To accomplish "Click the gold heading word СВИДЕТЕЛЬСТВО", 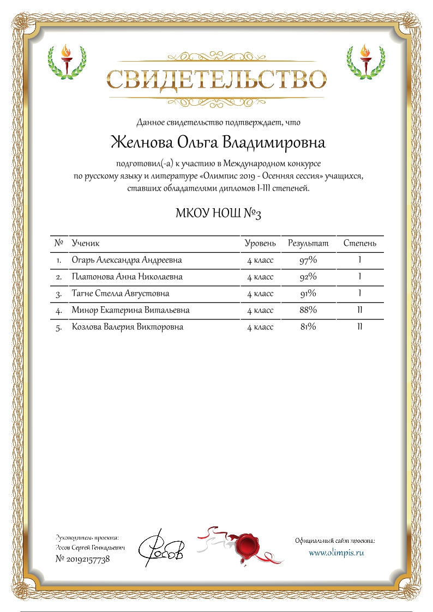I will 216,80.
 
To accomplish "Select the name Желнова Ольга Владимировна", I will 218,143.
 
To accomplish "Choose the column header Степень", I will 359,243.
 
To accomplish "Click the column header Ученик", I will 86,243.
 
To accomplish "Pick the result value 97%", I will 308,260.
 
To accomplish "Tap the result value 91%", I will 308,294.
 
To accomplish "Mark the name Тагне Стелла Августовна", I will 121,294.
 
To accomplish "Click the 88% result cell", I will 308,311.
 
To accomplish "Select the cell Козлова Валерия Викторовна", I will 128,328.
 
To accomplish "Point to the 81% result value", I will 308,328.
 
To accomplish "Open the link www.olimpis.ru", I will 336,553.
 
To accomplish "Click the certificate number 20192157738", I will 83,560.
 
